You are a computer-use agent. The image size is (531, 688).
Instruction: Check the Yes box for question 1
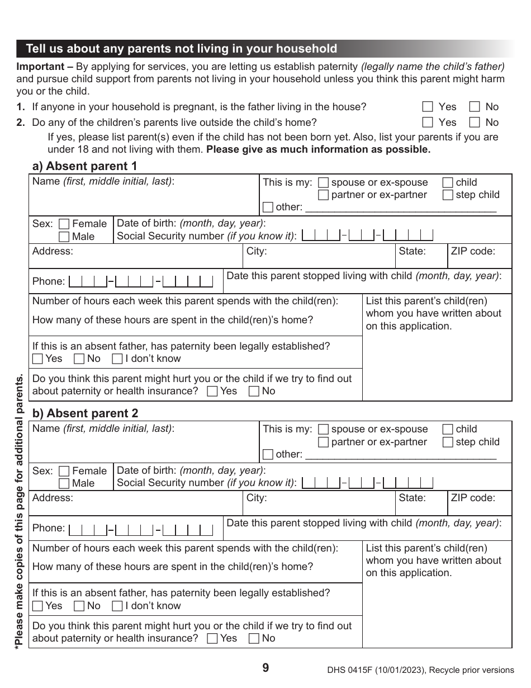pos(428,107)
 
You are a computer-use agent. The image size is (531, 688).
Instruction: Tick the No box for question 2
pos(475,122)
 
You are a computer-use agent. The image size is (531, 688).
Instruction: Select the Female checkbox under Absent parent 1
pos(64,224)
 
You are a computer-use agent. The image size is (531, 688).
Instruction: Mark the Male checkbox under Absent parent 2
pos(64,483)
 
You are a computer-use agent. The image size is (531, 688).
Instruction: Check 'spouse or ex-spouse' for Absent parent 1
pos(323,182)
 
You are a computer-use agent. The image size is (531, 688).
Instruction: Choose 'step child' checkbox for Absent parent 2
pos(448,442)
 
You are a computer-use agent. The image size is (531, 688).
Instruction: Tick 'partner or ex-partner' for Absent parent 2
pos(323,442)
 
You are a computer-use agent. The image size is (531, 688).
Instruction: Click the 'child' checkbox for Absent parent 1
pos(448,182)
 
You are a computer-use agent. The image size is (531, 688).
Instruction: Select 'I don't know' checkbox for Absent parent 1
pos(117,359)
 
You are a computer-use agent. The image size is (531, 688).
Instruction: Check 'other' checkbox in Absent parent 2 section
pos(268,454)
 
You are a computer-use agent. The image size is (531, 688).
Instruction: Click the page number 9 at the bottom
pos(265,668)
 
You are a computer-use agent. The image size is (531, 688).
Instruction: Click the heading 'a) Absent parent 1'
pos(85,166)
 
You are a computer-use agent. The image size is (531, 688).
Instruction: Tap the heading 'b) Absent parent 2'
pos(85,413)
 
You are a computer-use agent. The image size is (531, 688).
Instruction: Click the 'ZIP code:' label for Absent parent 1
pos(473,251)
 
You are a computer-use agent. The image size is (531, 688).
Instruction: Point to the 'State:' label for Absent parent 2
pos(412,498)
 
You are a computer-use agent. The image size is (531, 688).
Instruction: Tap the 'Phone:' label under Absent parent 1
pos(48,281)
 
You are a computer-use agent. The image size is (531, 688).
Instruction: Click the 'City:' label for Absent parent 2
pos(257,498)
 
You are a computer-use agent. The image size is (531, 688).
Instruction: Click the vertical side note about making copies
pos(20,509)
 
